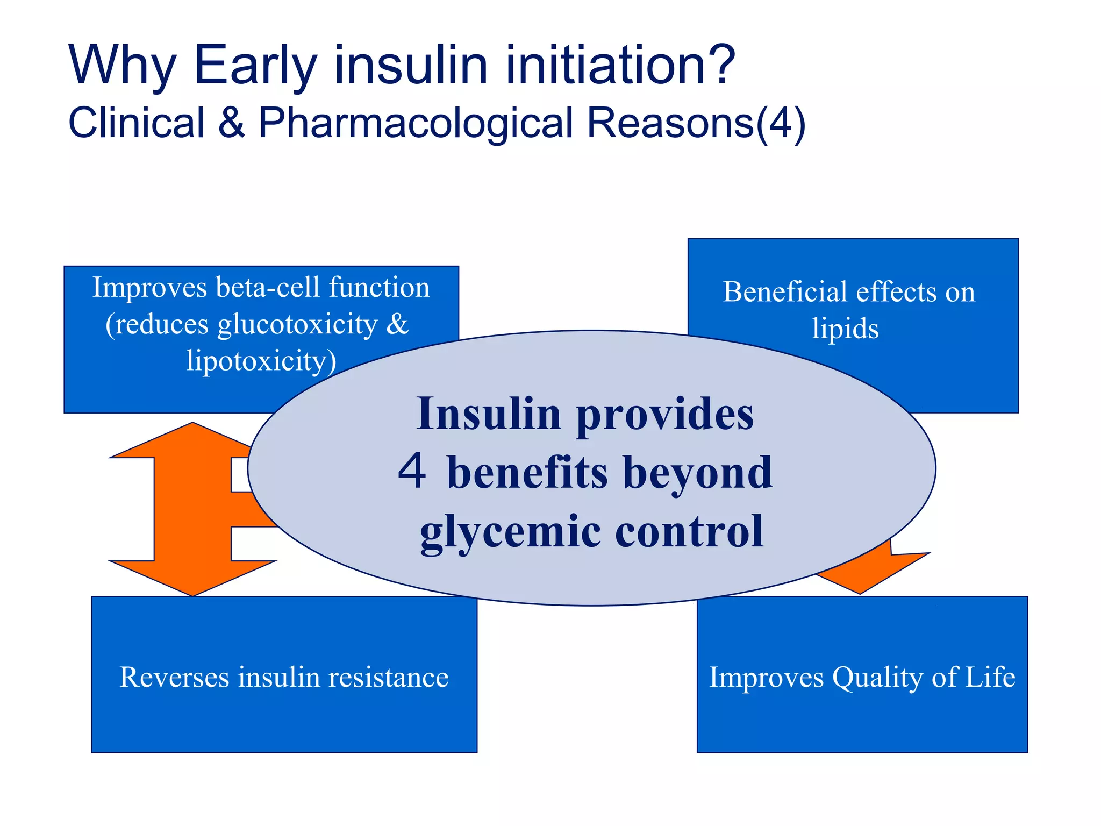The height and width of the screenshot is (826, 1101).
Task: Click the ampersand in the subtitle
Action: point(231,123)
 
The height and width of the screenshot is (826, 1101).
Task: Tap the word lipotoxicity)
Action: point(261,360)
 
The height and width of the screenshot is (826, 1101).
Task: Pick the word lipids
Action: point(845,329)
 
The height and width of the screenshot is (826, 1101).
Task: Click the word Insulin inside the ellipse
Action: point(489,414)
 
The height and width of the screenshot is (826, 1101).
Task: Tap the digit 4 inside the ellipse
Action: point(412,470)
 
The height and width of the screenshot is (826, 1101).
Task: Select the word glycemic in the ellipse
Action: point(510,531)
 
